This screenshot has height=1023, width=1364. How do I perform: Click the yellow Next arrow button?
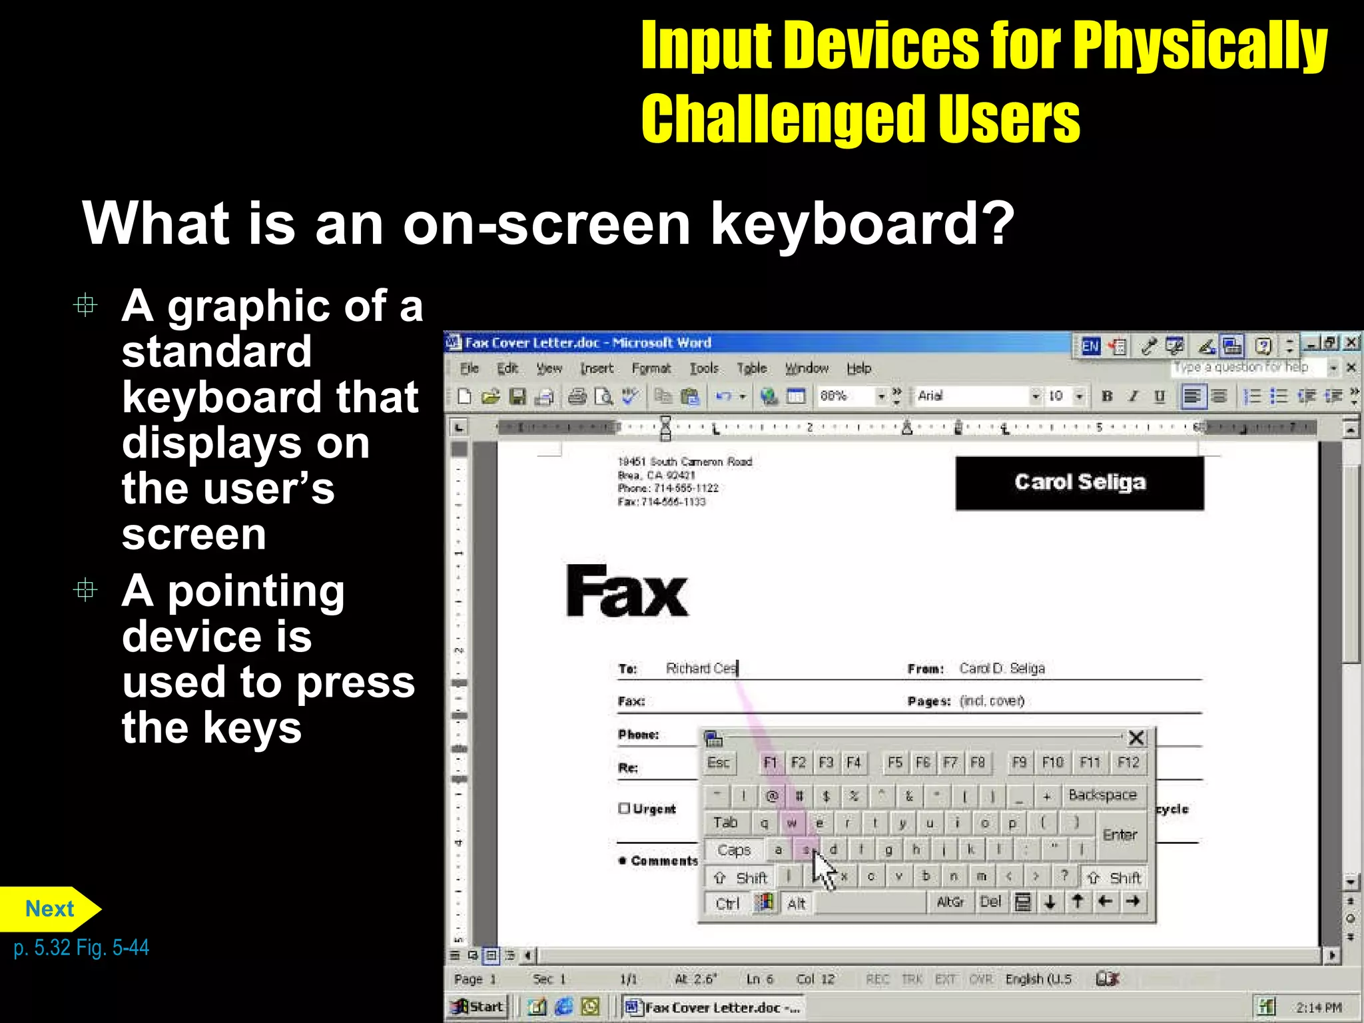point(49,909)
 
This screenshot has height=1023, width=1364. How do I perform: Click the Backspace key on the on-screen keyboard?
point(1102,795)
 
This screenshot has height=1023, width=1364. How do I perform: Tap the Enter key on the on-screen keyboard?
point(1120,835)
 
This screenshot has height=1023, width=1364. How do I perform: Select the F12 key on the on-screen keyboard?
point(1128,763)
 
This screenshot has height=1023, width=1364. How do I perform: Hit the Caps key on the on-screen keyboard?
point(734,851)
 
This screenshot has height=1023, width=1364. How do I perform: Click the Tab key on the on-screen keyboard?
point(725,823)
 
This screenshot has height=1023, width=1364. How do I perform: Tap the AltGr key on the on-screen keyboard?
point(950,902)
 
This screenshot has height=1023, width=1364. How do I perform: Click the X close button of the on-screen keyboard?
point(1136,738)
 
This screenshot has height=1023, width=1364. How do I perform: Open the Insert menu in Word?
point(596,368)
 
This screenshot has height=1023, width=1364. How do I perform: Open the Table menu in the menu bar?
point(751,368)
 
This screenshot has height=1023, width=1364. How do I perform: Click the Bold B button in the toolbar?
point(1107,396)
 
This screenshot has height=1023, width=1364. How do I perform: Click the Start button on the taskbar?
point(478,1006)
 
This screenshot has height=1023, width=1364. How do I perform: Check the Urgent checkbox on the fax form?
point(624,809)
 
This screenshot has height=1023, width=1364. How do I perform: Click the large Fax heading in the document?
point(626,591)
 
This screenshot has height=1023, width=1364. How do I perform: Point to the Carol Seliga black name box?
point(1079,483)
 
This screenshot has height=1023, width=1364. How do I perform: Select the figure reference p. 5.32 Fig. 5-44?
point(81,948)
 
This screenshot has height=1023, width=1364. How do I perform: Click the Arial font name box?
point(972,396)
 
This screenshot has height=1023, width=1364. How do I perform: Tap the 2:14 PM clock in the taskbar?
point(1319,1008)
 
